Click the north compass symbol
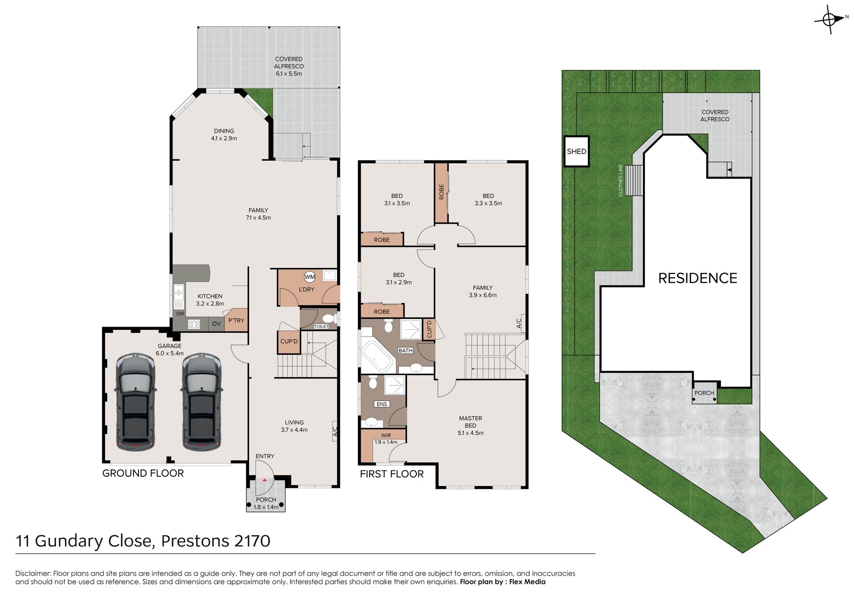829,19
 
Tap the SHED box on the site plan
576,151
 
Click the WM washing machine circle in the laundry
310,277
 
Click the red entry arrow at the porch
265,480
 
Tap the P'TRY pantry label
236,320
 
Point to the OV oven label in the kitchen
217,324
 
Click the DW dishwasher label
180,313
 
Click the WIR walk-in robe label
386,435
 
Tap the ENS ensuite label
382,404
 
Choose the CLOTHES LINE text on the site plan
620,180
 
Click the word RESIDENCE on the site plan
697,278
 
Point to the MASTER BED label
471,422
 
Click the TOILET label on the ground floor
321,327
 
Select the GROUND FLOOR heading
143,473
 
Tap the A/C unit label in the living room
335,431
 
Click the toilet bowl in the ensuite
373,382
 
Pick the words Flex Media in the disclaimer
527,582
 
